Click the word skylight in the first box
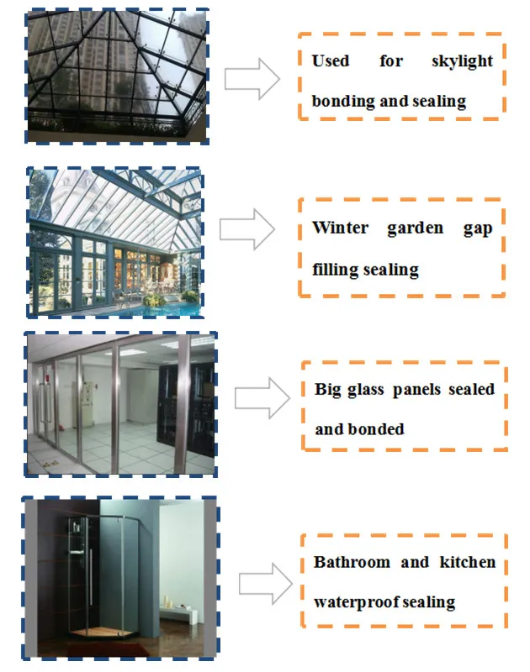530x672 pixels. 463,61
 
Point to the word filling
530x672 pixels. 336,270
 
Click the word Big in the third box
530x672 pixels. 328,390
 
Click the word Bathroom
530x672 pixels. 347,562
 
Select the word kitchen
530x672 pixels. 468,562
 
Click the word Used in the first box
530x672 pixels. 330,61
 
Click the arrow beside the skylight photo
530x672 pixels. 252,79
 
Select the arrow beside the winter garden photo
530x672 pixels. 246,228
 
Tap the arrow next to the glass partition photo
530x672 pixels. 262,397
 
